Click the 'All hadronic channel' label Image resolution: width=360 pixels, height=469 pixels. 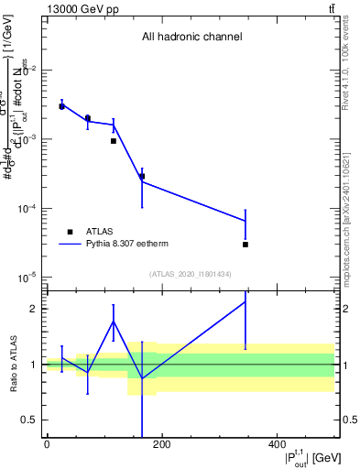click(x=191, y=38)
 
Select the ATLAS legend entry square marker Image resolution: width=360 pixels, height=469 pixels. click(x=69, y=232)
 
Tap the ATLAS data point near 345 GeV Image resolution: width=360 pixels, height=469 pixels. click(x=245, y=245)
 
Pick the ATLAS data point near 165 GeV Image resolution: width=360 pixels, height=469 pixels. click(x=142, y=176)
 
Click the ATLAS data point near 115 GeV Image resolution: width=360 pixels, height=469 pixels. click(x=114, y=141)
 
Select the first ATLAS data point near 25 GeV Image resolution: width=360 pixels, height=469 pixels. click(x=61, y=106)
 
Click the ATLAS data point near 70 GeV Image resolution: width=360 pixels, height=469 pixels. click(x=88, y=118)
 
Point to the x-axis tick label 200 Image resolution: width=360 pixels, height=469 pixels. click(x=161, y=444)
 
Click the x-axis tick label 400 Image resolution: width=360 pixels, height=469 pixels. click(x=277, y=444)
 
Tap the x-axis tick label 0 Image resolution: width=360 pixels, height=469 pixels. click(x=47, y=444)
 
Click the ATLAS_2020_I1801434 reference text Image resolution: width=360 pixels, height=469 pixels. click(x=191, y=274)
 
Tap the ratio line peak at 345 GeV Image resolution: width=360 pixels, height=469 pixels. click(x=245, y=301)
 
